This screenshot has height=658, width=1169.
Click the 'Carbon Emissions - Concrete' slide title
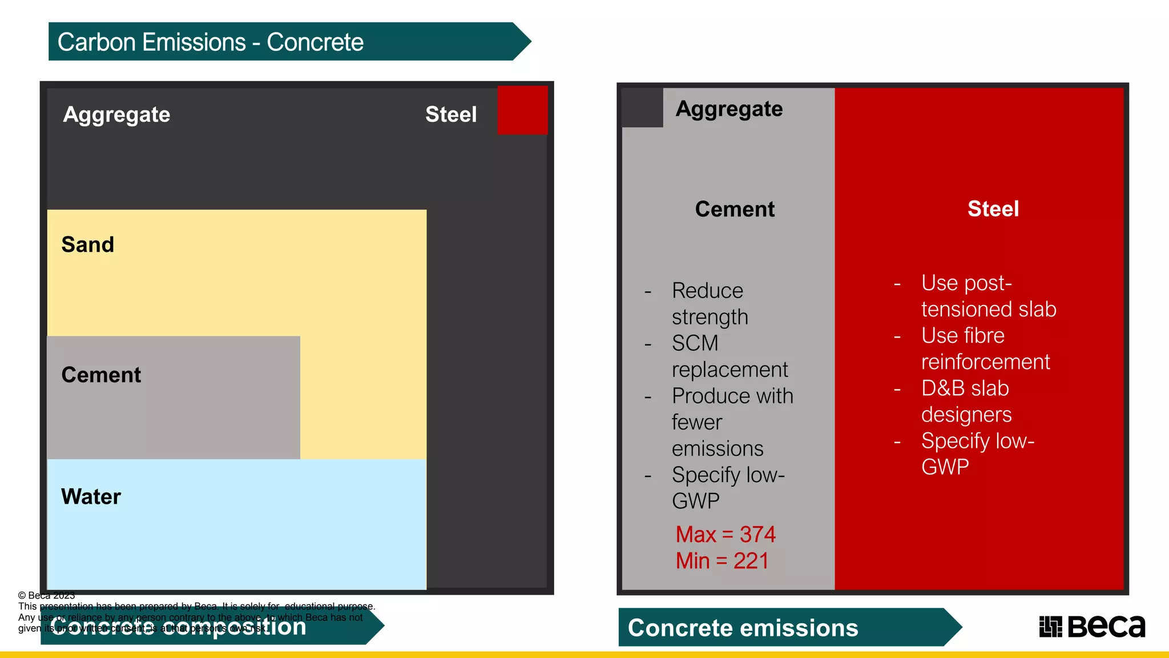(x=210, y=42)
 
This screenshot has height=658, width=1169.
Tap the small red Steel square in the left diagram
(x=522, y=110)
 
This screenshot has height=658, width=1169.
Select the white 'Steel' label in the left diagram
(x=451, y=114)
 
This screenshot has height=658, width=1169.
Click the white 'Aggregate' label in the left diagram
(x=116, y=114)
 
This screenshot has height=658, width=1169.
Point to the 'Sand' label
(x=88, y=244)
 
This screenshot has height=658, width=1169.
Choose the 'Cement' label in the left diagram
(x=101, y=375)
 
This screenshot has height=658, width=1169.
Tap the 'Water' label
(x=91, y=496)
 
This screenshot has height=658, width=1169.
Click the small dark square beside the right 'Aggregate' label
(x=642, y=107)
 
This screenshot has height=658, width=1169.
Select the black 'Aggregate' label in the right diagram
(x=729, y=109)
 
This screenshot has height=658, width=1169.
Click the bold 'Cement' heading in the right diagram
(x=735, y=209)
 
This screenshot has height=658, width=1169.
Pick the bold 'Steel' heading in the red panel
(x=993, y=209)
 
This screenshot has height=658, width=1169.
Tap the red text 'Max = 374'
(x=725, y=535)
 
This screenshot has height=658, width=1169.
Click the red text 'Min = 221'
(x=722, y=561)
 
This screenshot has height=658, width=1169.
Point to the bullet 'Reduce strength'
(x=710, y=304)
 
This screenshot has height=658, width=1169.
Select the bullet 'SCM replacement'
(x=729, y=356)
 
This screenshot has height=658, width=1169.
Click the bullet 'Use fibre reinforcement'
(x=985, y=348)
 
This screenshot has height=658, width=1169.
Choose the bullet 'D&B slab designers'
(x=966, y=401)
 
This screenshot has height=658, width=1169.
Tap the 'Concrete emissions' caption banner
(x=743, y=628)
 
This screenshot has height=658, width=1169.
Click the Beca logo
(x=1092, y=627)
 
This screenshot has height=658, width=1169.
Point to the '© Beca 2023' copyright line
(x=47, y=596)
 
